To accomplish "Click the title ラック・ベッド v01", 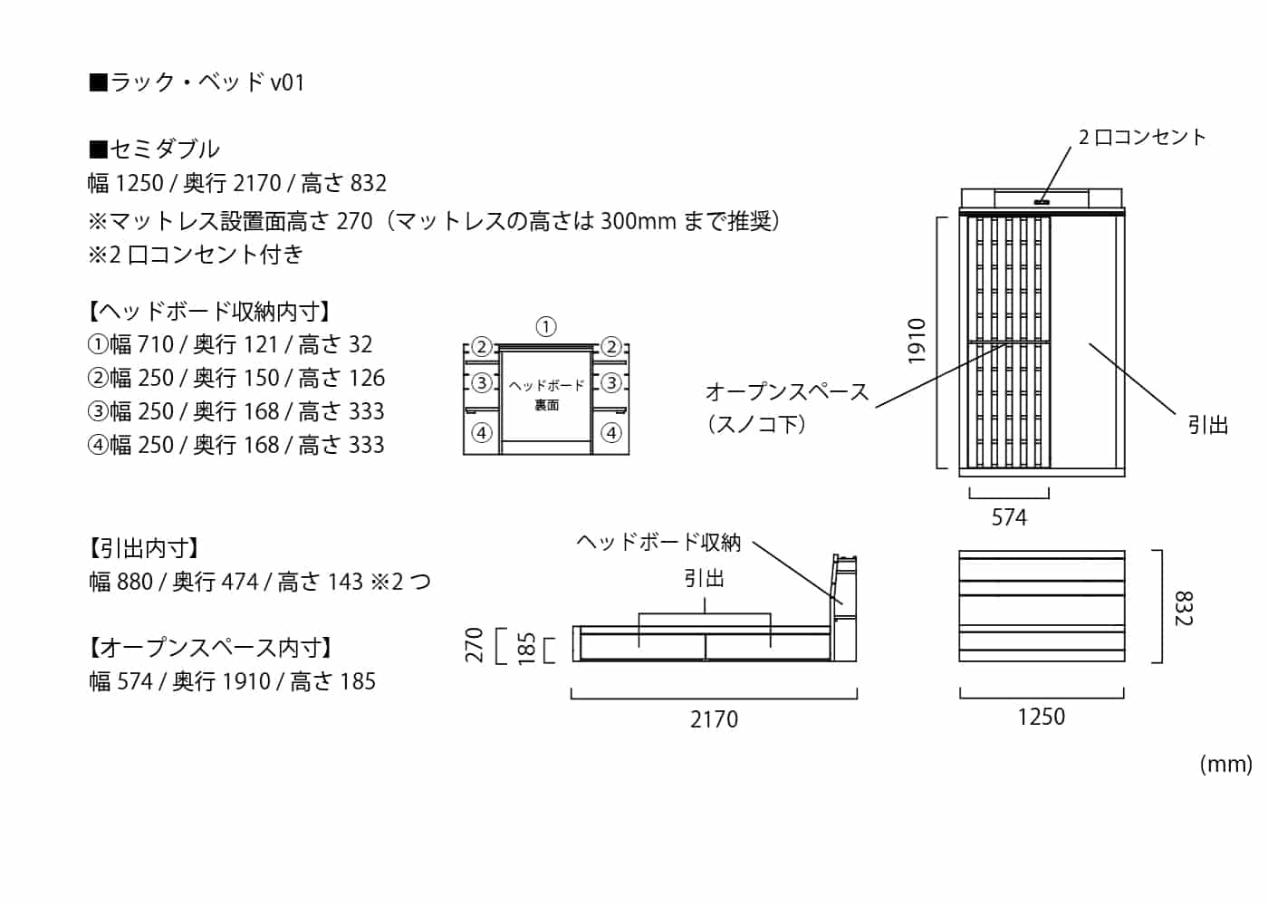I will tap(197, 82).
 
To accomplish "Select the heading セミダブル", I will tap(154, 149).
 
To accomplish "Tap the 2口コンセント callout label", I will tap(1141, 137).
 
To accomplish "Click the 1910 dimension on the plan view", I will tap(917, 342).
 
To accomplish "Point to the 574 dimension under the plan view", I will tap(1009, 517).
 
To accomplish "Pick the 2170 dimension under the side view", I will tap(714, 719).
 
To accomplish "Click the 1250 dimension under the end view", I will tap(1041, 717).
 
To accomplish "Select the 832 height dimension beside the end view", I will tap(1183, 608).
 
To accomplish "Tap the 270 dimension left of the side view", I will tap(475, 645).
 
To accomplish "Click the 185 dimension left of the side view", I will tap(525, 649).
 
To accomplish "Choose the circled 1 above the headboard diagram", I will tap(545, 327).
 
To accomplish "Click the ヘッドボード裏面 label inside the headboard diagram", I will tap(546, 395).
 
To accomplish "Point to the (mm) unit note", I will tap(1225, 764).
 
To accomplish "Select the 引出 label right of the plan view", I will tap(1207, 425).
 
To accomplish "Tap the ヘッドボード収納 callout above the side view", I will tap(658, 542).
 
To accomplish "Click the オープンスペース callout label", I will tap(786, 392).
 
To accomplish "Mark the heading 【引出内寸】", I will tap(144, 548).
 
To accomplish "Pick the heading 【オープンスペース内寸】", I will tap(210, 648).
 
